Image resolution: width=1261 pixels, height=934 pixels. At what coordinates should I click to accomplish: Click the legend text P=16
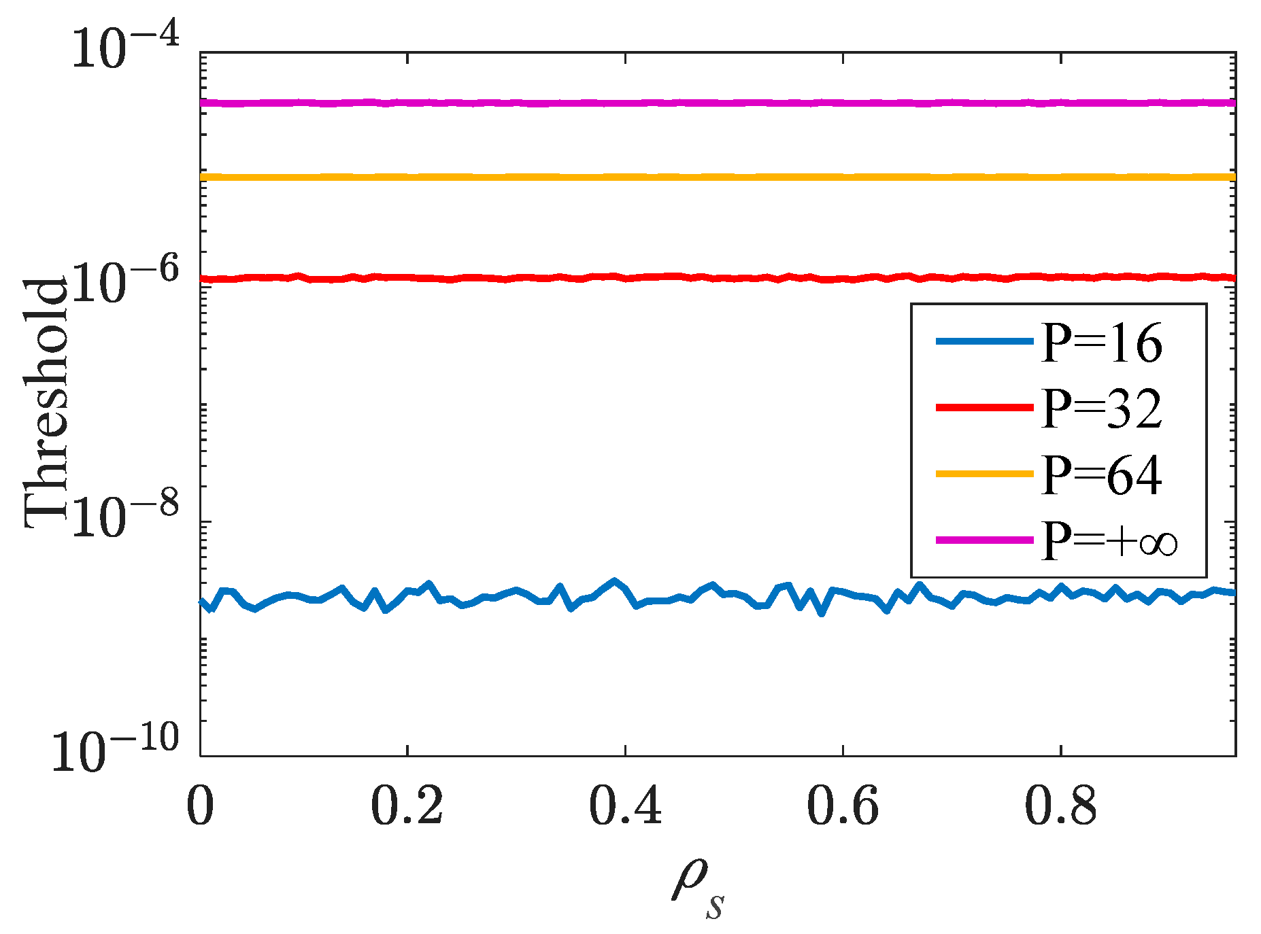1102,343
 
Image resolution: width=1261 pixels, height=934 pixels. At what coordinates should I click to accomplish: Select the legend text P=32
1102,409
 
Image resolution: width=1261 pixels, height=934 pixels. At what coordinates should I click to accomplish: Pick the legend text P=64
1102,474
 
